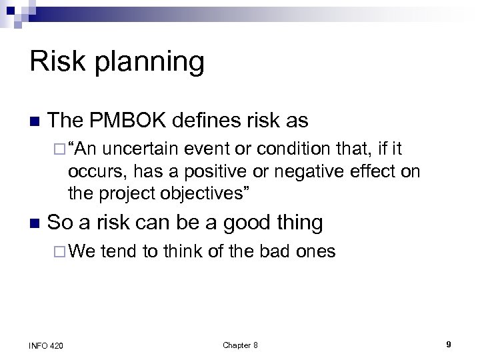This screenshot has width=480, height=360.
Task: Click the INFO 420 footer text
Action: [x=47, y=345]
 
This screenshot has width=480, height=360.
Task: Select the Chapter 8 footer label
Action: [x=240, y=345]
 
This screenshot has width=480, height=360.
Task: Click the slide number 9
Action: [x=449, y=345]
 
